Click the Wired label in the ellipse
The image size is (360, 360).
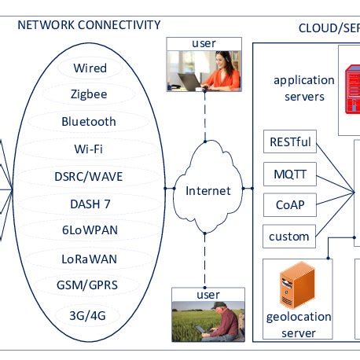pyautogui.click(x=90, y=68)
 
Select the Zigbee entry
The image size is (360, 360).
pyautogui.click(x=89, y=94)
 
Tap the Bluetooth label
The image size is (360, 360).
pyautogui.click(x=89, y=121)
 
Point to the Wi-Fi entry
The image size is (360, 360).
pyautogui.click(x=89, y=147)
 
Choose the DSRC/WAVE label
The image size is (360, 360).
pyautogui.click(x=89, y=176)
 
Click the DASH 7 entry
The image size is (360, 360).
pyautogui.click(x=89, y=204)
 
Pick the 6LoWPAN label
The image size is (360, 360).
pyautogui.click(x=89, y=230)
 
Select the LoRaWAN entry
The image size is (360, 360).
pyautogui.click(x=89, y=257)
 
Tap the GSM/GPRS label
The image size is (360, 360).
pyautogui.click(x=89, y=285)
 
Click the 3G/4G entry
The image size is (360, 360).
pyautogui.click(x=89, y=314)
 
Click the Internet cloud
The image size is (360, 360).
pyautogui.click(x=208, y=190)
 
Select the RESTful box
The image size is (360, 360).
pyautogui.click(x=290, y=143)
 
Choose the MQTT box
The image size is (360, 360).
pyautogui.click(x=290, y=174)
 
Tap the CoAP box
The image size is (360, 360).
pyautogui.click(x=290, y=204)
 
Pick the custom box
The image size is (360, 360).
pyautogui.click(x=290, y=235)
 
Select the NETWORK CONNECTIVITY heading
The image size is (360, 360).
pyautogui.click(x=89, y=25)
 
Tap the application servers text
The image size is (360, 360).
pyautogui.click(x=298, y=88)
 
